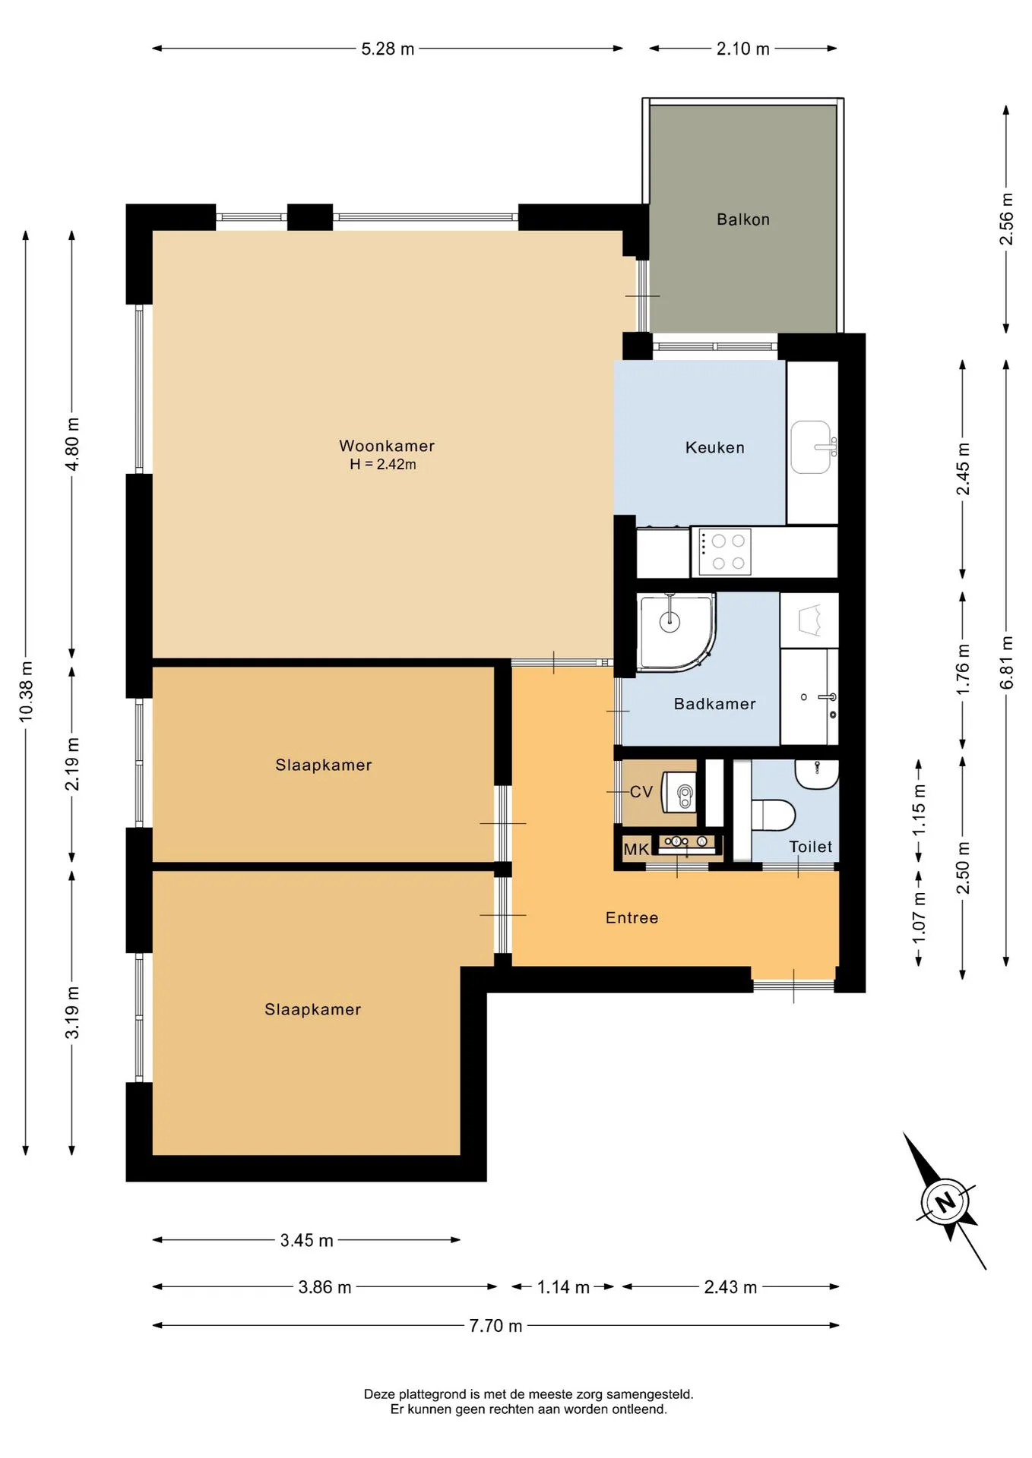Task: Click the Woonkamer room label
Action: click(387, 446)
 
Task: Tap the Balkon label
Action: click(743, 219)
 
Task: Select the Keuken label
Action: click(715, 447)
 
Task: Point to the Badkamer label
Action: click(715, 704)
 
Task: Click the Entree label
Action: click(632, 918)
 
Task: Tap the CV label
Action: click(641, 792)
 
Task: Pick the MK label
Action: click(636, 849)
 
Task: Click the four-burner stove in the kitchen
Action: click(721, 552)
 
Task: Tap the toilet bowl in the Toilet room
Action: click(772, 815)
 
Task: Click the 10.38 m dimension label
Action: click(26, 691)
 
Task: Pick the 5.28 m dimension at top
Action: click(388, 49)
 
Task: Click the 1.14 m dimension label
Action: click(563, 1287)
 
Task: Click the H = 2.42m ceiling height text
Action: click(383, 465)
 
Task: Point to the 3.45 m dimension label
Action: click(307, 1241)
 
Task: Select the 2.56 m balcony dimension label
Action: click(1007, 219)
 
